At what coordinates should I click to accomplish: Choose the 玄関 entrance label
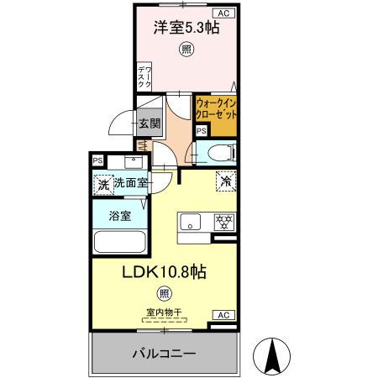150,124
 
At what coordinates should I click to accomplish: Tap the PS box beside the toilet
201,131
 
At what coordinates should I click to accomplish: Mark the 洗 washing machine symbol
102,183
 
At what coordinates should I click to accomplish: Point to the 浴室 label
120,216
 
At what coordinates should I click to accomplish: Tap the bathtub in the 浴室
121,243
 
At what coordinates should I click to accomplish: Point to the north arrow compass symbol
273,357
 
